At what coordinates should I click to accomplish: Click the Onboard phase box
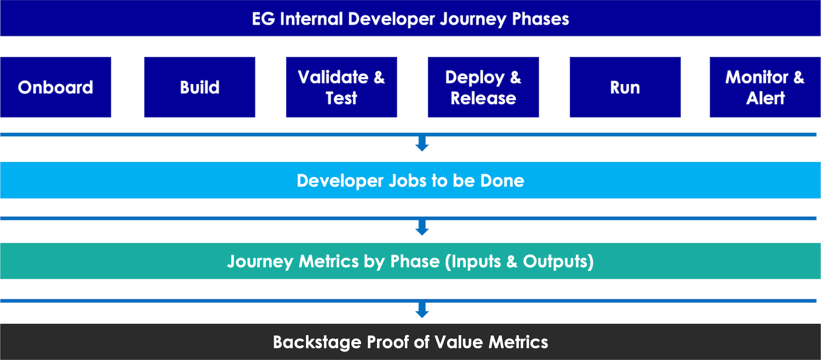[56, 87]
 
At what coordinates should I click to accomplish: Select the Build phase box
[199, 87]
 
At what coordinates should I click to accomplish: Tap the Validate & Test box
[341, 87]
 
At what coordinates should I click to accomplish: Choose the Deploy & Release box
[483, 87]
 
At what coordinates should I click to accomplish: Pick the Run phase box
[625, 87]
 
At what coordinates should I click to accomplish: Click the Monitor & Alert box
[765, 87]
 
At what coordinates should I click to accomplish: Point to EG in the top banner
[263, 19]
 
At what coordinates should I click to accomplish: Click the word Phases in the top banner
[540, 19]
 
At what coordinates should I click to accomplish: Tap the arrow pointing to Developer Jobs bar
[422, 144]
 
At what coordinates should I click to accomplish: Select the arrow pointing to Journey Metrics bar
[422, 228]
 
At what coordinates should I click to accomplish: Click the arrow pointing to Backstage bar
[422, 310]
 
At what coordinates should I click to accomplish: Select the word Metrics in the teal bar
[328, 261]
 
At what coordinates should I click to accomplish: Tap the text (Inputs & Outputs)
[519, 261]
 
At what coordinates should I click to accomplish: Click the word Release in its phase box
[483, 98]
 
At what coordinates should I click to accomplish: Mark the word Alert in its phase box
[765, 98]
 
